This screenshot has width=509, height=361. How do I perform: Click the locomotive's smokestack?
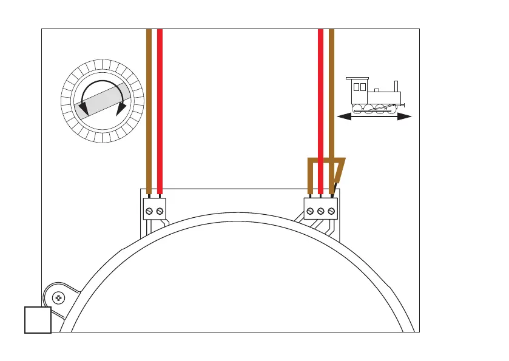coord(396,86)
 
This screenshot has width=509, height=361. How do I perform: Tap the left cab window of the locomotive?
coord(356,87)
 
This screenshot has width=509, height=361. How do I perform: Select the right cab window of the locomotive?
coord(363,87)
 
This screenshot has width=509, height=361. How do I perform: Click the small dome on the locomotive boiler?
coord(377,90)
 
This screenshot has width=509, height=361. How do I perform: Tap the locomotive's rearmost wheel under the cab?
coord(359,109)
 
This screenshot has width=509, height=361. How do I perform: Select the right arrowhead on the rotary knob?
coord(121,107)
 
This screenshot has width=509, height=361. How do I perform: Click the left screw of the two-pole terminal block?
coord(150,211)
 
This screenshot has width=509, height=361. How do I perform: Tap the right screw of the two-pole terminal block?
coord(160,211)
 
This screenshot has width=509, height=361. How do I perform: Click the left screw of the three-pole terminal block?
coord(310,211)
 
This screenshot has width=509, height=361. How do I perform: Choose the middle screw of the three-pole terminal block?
coord(321,211)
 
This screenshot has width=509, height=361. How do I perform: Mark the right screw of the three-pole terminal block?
coord(331,211)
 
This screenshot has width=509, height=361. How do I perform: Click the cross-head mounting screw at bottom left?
coord(59,298)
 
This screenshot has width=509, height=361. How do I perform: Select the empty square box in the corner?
coord(37,320)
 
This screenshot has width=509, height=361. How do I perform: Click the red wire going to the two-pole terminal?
coord(160,109)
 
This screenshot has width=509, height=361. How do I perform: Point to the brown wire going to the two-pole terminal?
coord(149,109)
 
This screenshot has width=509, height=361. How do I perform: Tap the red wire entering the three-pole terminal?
coord(321,109)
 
